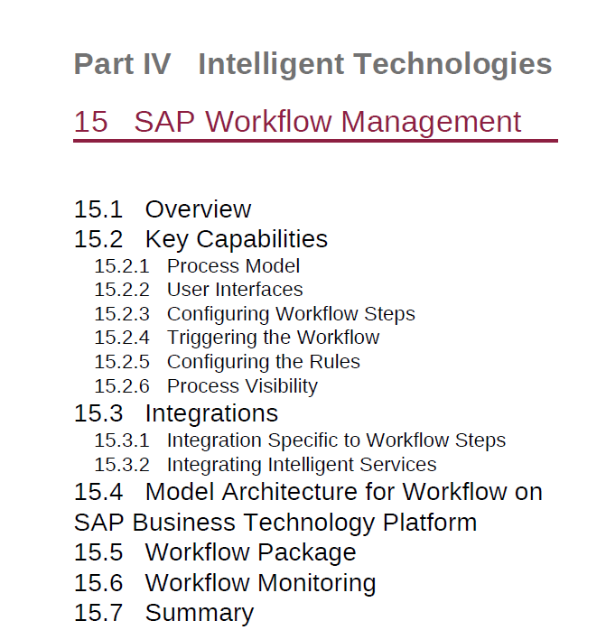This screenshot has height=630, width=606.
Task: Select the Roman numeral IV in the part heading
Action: (x=157, y=64)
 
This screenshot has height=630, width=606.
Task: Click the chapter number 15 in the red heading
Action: (x=91, y=121)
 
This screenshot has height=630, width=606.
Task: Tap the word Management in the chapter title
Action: (x=431, y=122)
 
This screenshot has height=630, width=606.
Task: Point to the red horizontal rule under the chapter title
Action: (x=315, y=141)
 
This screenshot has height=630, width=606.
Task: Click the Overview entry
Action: (x=198, y=209)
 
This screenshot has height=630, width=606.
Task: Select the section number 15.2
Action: (x=98, y=239)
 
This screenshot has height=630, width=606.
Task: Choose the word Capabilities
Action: (x=262, y=240)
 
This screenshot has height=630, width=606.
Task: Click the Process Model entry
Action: (x=233, y=266)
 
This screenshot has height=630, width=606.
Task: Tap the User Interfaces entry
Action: (x=235, y=290)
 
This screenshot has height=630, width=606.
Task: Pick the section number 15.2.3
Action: (x=121, y=314)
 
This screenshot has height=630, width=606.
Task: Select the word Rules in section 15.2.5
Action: (x=334, y=362)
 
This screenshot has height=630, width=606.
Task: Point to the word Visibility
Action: (x=281, y=386)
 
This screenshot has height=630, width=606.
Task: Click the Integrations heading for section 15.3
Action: (x=211, y=413)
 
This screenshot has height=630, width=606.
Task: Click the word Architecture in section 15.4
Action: (x=290, y=492)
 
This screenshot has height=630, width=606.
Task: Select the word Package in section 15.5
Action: (x=307, y=553)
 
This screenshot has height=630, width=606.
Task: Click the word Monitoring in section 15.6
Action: (x=316, y=583)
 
